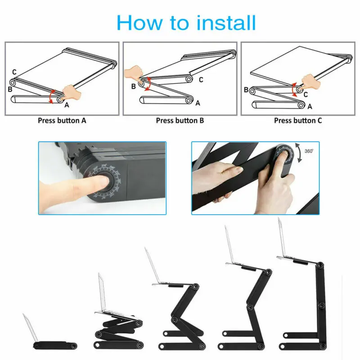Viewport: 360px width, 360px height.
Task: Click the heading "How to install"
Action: click(186, 22)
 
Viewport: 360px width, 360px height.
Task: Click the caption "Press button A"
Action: click(62, 121)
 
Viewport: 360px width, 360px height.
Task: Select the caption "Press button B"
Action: click(180, 121)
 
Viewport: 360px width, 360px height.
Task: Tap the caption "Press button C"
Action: click(298, 121)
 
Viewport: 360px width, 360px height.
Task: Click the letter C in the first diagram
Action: click(14, 72)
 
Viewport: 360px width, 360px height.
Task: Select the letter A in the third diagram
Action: click(309, 107)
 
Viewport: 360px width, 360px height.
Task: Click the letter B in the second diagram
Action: click(133, 86)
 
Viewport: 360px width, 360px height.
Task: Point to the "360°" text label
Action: click(309, 152)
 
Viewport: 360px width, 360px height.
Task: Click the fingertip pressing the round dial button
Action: click(100, 183)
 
